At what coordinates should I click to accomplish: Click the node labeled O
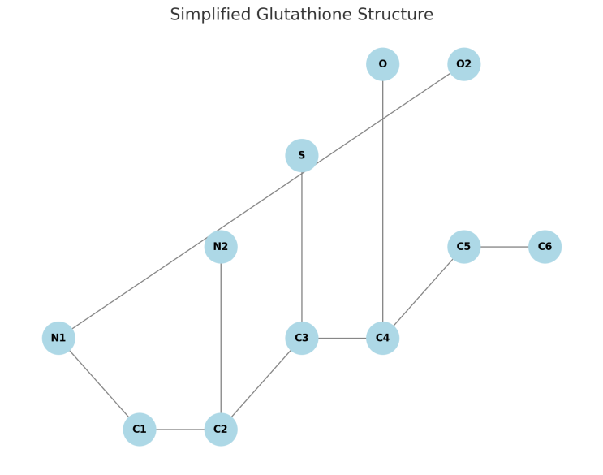382,64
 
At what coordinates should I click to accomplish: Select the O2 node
463,64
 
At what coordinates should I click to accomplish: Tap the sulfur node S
301,155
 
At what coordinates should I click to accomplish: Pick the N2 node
221,247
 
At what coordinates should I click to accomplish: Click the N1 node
58,338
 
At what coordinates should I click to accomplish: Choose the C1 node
140,429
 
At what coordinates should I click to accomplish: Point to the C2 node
221,429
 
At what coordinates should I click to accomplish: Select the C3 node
301,338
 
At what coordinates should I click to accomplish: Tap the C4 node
382,338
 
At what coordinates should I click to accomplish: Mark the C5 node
463,247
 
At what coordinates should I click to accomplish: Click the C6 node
545,247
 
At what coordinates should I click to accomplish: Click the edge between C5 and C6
504,247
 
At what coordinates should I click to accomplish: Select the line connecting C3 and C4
342,338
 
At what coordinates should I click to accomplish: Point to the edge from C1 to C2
180,429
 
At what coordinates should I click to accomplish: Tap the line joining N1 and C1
99,383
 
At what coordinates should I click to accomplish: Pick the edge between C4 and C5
423,292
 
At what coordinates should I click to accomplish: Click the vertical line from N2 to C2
221,338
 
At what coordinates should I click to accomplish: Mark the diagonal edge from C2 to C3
261,383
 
